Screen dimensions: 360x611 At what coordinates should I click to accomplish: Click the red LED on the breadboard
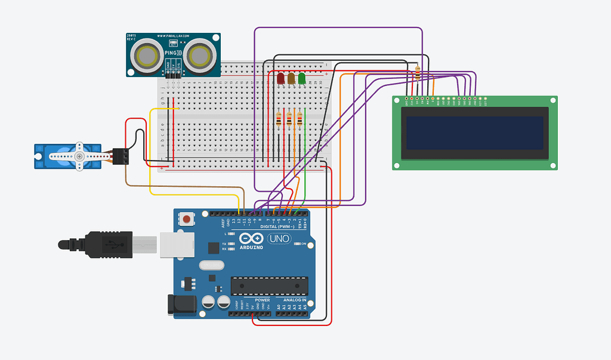280,78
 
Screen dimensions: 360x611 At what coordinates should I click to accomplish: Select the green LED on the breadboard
302,78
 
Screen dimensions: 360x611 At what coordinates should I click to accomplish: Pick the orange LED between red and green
291,78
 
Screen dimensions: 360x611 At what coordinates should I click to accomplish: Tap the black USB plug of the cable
107,244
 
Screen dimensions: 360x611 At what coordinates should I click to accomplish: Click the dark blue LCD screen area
475,133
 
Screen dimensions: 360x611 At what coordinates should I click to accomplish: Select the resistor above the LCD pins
416,73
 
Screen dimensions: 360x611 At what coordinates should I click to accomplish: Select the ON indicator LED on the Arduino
297,244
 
